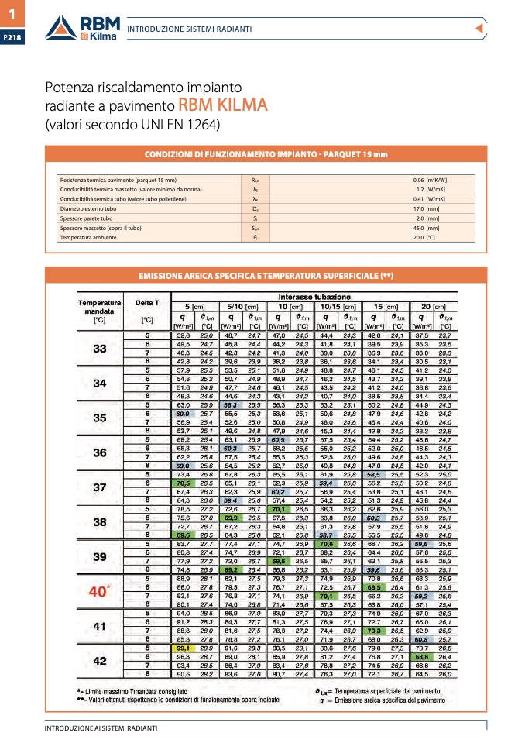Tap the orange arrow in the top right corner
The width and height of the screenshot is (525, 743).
479,29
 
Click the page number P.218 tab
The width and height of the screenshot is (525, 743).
13,36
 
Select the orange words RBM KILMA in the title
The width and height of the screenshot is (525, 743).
223,105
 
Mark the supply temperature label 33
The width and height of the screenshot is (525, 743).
100,349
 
